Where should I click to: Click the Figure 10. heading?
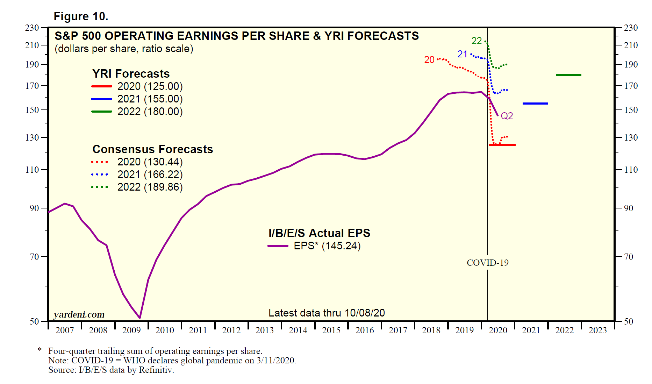(81, 16)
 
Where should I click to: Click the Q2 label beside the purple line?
(507, 116)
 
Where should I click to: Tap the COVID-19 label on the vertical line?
(488, 263)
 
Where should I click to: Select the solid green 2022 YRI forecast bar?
(568, 75)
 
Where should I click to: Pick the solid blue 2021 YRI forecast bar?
(535, 104)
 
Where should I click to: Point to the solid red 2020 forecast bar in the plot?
(502, 145)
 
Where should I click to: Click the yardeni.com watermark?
(79, 314)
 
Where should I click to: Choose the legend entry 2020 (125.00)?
(150, 86)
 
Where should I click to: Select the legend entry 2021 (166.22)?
(150, 175)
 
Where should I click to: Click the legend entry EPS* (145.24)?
(327, 246)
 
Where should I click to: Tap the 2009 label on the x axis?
(131, 330)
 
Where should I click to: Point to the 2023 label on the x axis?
(597, 330)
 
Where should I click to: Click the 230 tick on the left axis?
(32, 28)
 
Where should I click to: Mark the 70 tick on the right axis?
(629, 257)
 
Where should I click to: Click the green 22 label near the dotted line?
(477, 41)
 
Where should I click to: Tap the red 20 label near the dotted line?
(429, 60)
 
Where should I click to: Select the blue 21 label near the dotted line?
(462, 54)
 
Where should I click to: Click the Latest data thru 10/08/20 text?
(327, 313)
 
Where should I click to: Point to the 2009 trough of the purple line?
(140, 318)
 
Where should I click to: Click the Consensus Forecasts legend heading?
(152, 149)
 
